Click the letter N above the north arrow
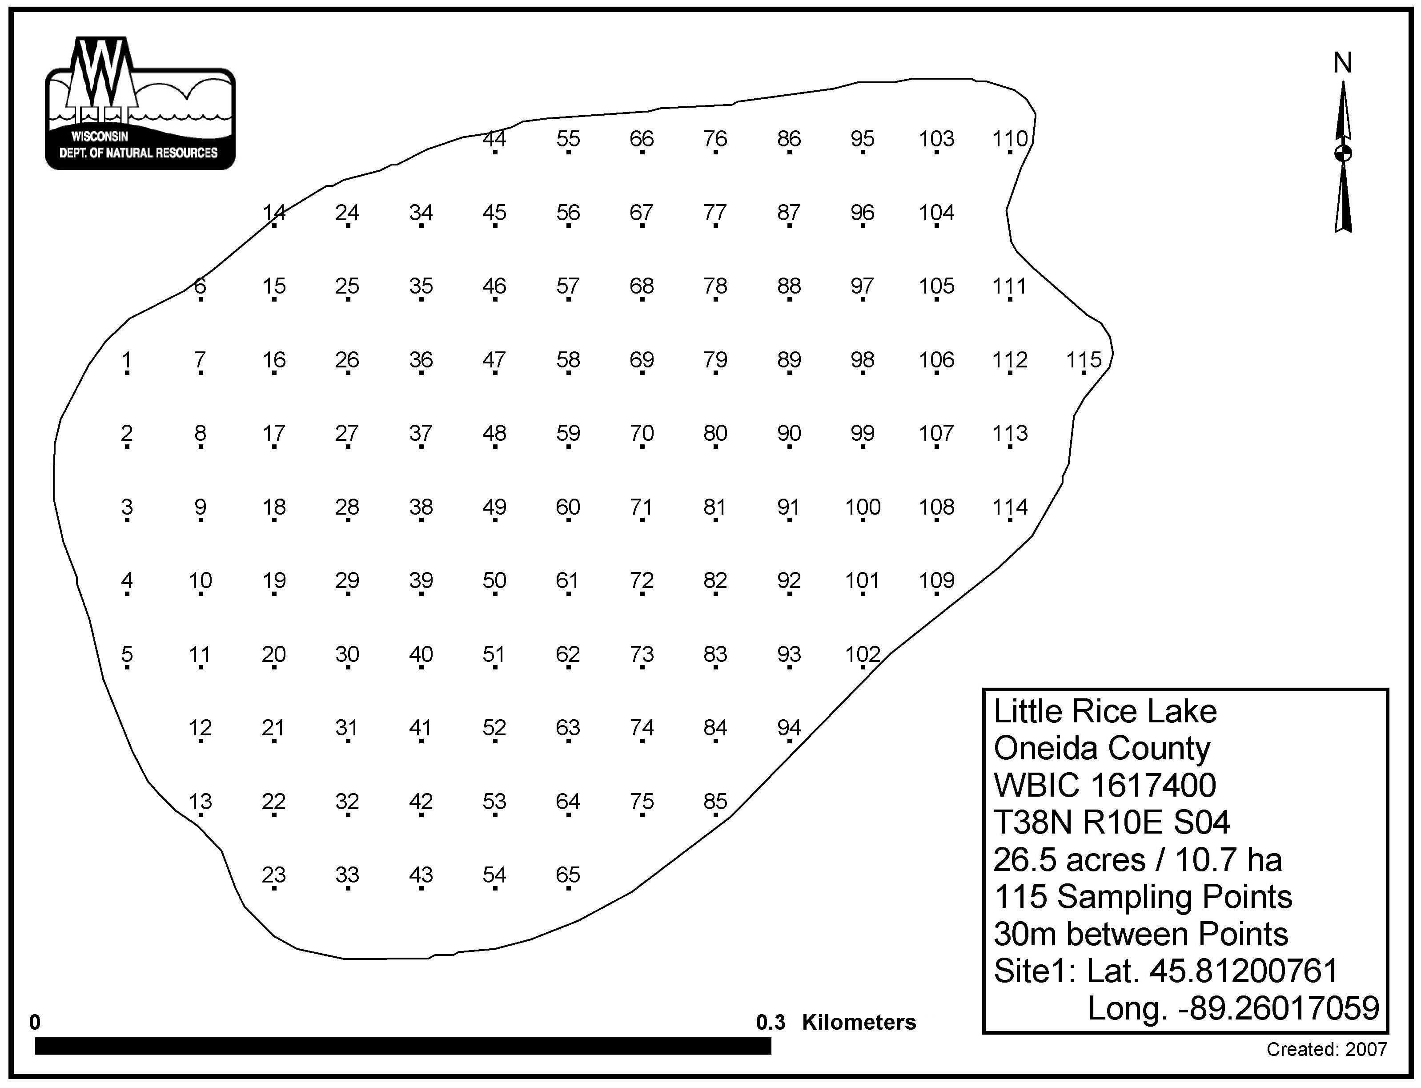1343,63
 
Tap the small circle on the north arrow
1343,153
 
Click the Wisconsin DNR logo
140,103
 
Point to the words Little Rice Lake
1105,712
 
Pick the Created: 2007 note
1326,1050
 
